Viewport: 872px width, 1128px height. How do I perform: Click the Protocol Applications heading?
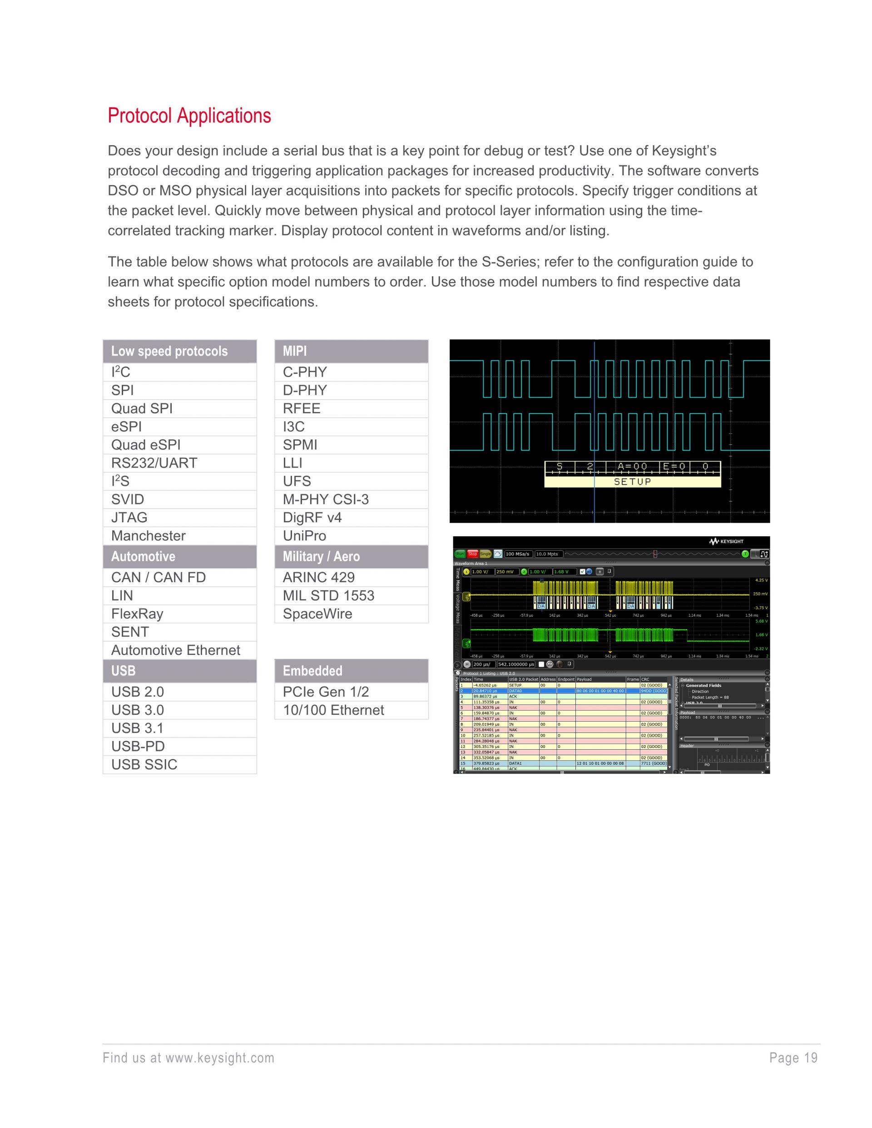[x=189, y=116]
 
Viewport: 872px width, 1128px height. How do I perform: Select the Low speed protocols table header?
[x=169, y=351]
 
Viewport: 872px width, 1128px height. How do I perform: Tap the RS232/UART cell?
[x=154, y=463]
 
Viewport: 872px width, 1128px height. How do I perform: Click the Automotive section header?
[x=143, y=557]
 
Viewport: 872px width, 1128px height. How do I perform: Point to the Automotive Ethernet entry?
[x=176, y=650]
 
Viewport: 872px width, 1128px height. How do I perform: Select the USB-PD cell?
[x=138, y=746]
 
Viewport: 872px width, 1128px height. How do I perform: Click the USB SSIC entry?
[x=144, y=764]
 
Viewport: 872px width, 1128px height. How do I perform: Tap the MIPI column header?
[x=294, y=351]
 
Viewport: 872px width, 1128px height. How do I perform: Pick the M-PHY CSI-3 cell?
[x=326, y=500]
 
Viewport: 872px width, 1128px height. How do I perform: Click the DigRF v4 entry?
[x=312, y=518]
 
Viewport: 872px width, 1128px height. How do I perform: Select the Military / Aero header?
[x=321, y=557]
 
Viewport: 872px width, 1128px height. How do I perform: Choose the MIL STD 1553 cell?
[x=328, y=595]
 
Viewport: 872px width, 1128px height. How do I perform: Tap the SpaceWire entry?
[x=317, y=613]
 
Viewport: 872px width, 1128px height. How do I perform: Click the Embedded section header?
[x=312, y=671]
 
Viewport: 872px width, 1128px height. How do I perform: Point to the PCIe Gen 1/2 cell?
[x=326, y=692]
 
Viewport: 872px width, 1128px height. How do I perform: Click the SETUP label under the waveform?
[x=632, y=482]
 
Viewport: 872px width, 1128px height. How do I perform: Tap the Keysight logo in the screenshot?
[x=726, y=541]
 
